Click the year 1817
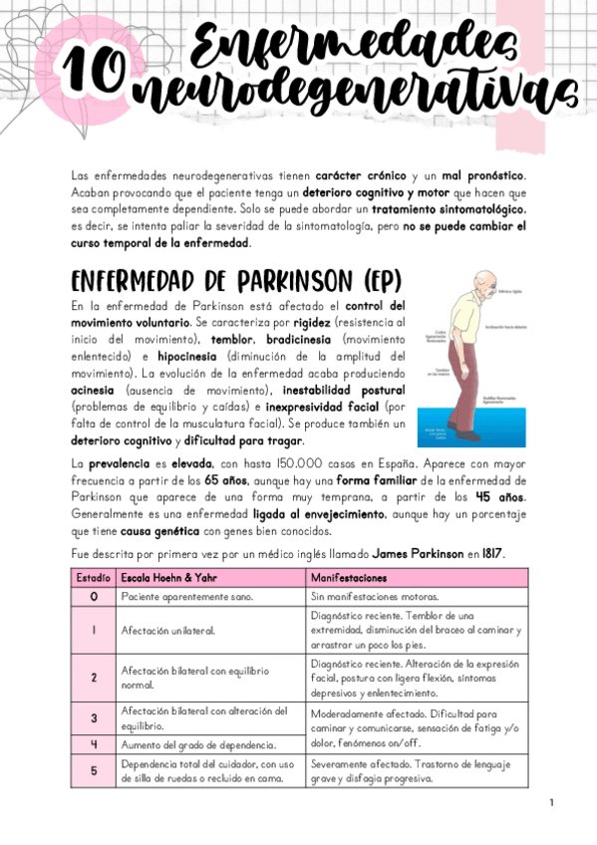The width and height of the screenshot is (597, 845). click(488, 552)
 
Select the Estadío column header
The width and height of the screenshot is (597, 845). click(93, 578)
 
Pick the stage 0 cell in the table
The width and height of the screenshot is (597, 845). click(93, 596)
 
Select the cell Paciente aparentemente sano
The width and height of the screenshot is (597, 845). click(185, 596)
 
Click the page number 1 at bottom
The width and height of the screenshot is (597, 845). click(551, 802)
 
